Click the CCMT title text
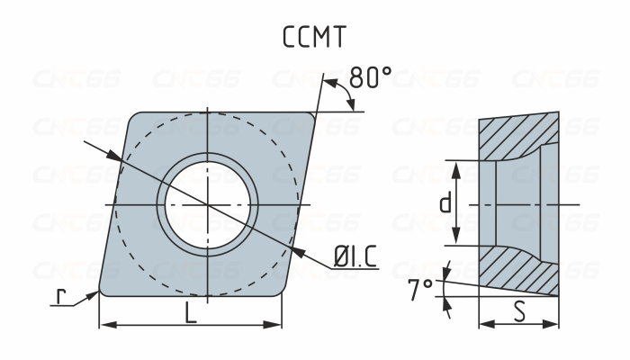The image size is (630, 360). point(314,38)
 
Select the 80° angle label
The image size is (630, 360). point(370,78)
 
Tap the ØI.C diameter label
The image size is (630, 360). point(355,257)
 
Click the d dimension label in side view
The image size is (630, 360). point(445,203)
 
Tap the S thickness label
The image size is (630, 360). point(519,312)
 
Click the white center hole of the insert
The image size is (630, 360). point(209,204)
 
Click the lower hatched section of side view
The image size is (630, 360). point(520,269)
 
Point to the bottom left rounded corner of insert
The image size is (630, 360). point(102,292)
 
